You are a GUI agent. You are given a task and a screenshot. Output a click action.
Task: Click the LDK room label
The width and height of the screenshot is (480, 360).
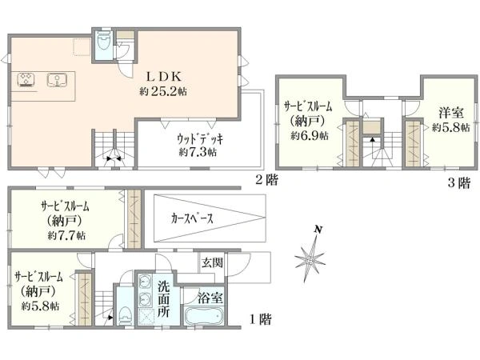click(164, 77)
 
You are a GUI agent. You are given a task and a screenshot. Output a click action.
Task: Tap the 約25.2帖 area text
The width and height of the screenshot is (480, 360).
click(163, 91)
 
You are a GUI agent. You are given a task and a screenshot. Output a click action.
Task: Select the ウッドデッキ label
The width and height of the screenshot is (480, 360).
click(200, 139)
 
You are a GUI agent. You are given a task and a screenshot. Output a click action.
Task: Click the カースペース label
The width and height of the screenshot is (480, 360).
click(192, 218)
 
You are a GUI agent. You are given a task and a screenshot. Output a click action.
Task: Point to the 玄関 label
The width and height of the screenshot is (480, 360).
click(212, 262)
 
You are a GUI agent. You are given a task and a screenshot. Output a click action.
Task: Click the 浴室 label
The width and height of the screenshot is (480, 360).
click(210, 298)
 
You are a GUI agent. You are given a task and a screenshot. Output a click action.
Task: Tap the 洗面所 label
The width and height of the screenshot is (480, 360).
click(164, 300)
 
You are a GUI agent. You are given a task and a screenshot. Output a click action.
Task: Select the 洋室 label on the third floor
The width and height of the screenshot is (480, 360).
click(451, 113)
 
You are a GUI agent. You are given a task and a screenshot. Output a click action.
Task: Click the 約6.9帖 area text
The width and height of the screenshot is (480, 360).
click(310, 135)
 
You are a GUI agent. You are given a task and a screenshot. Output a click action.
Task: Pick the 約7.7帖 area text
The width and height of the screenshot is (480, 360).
click(66, 235)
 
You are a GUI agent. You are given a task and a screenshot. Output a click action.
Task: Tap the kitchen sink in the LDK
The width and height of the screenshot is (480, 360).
click(58, 80)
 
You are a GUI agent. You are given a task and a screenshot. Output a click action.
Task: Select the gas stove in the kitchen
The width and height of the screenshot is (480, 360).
click(26, 80)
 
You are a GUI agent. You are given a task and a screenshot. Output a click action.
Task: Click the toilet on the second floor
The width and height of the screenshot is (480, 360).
click(103, 42)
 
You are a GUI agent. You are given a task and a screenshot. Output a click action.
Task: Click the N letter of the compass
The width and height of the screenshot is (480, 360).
click(318, 230)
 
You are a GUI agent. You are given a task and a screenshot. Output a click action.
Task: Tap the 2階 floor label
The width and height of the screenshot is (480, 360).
click(266, 180)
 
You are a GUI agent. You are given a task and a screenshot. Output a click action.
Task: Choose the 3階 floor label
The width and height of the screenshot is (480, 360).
click(458, 183)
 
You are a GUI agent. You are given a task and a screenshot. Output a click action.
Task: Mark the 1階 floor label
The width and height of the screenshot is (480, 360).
click(261, 320)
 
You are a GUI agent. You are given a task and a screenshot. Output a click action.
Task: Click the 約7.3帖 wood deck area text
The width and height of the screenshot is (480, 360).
click(198, 152)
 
